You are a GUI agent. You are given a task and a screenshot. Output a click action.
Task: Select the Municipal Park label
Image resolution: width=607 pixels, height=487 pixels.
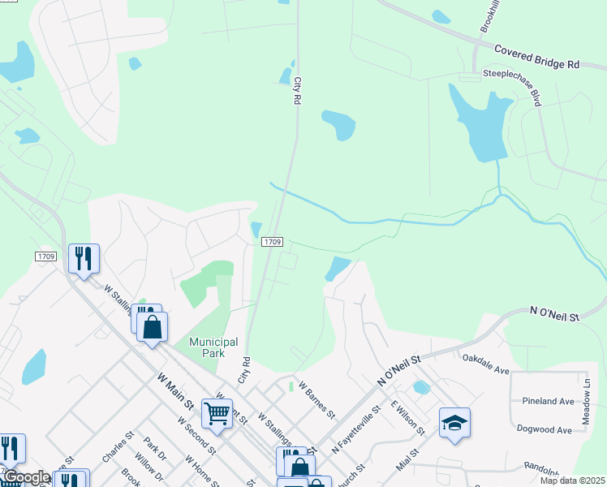click(x=213, y=347)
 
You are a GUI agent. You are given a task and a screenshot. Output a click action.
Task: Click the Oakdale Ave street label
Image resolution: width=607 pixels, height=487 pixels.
click(x=485, y=364)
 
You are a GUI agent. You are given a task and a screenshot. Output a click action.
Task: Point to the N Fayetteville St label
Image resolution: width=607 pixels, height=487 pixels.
click(x=356, y=429)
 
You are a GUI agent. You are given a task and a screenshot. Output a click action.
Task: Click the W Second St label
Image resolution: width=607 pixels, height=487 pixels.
click(x=197, y=437)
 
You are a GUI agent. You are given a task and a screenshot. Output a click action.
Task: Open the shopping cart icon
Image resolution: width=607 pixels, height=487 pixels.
click(x=217, y=413)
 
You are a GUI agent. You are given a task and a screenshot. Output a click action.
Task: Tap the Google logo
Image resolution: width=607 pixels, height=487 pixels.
click(x=27, y=477)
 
